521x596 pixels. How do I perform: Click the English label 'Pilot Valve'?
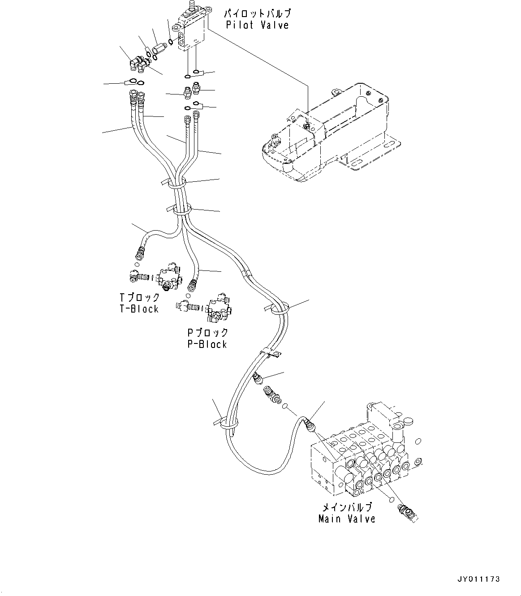pos(257,25)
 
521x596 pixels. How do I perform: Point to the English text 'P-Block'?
pos(207,344)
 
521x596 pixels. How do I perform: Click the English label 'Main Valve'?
pos(346,519)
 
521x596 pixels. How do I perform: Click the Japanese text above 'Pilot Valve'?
pos(257,14)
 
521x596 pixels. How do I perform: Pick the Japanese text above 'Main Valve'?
pos(347,507)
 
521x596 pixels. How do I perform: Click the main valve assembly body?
pos(358,461)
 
